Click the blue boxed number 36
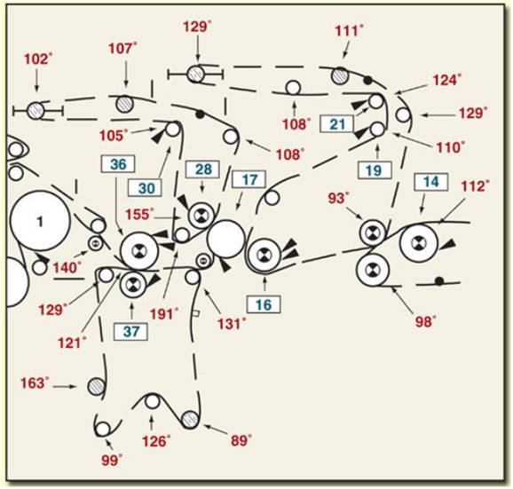click(x=118, y=164)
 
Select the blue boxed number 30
click(x=146, y=188)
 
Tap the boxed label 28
click(x=203, y=170)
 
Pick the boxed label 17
click(x=249, y=179)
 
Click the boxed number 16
click(x=264, y=304)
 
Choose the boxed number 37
click(x=130, y=332)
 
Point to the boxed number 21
click(x=337, y=124)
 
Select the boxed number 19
click(x=375, y=170)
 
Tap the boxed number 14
click(x=431, y=182)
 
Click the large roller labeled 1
click(x=40, y=221)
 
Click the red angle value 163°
click(x=35, y=383)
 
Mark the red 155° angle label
click(x=139, y=215)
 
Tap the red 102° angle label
click(x=38, y=59)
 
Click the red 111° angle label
click(x=350, y=31)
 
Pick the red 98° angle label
click(x=426, y=322)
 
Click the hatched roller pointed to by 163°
click(x=97, y=387)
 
